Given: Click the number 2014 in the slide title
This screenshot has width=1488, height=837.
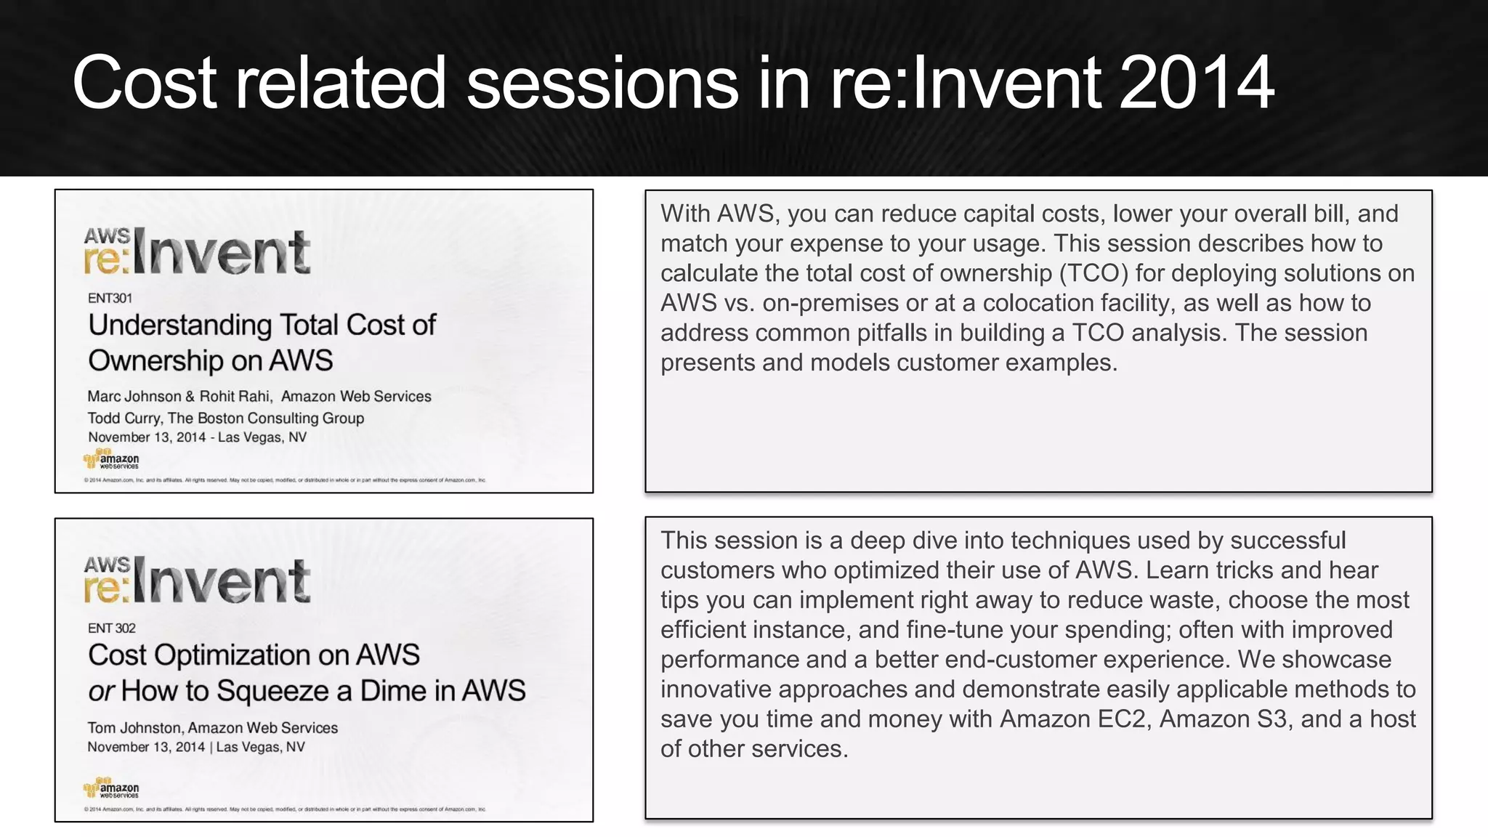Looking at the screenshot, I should coord(1197,83).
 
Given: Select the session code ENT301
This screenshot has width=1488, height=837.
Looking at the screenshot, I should coord(110,298).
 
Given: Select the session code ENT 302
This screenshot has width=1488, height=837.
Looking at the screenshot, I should coord(111,628).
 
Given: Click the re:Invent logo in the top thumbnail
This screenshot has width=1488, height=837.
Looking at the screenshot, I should coord(198,252).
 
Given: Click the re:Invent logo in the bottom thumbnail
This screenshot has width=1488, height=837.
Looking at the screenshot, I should coord(198,581).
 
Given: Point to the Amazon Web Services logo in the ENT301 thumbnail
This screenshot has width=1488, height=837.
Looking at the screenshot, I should coord(111,460).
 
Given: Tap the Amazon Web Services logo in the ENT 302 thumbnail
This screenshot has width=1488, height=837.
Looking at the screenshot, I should coord(111,788).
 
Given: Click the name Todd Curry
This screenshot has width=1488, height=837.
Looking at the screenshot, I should coord(124,418).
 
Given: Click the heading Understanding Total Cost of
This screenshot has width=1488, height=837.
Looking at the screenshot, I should coord(262,325).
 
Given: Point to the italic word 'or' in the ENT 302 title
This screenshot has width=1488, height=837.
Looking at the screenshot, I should coord(101,692).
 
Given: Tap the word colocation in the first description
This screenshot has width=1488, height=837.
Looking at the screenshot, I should coord(1104,303).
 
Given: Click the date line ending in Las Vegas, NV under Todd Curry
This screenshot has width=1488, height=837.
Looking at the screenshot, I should coord(197,437).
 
